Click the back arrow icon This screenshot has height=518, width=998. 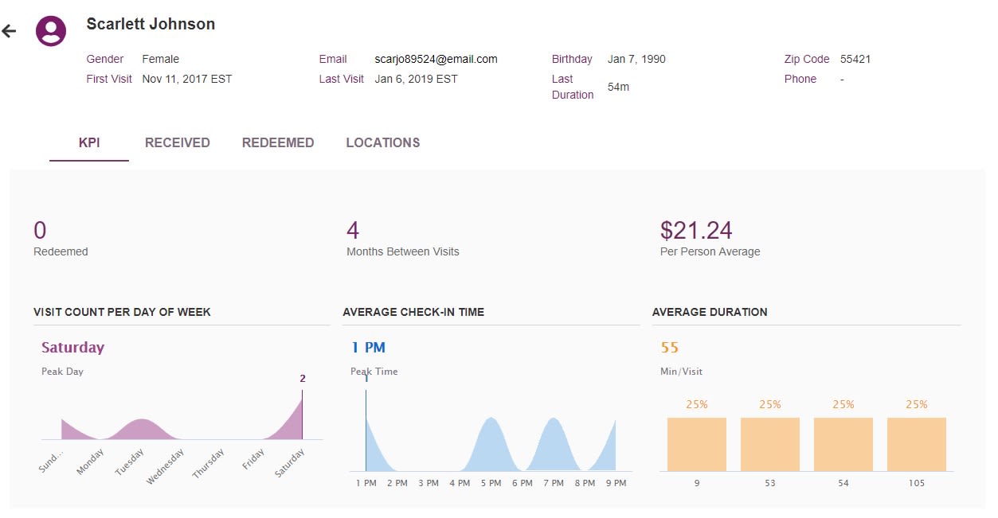[9, 31]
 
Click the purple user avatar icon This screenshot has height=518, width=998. [51, 31]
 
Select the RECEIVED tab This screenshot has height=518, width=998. [177, 143]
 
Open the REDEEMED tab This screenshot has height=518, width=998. [278, 143]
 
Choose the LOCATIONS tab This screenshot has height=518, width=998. [382, 143]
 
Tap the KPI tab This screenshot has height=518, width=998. [89, 143]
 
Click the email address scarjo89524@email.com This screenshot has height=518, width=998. [436, 59]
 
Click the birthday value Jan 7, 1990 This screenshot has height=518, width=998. [636, 59]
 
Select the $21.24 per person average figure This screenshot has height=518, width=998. [696, 231]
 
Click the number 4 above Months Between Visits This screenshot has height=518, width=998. [353, 231]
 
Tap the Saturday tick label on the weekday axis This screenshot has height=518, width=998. [290, 463]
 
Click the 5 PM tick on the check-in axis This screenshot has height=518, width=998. [491, 483]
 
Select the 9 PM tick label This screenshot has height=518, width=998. [615, 483]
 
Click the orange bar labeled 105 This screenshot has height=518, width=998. [916, 444]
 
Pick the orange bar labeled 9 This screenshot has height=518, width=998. [696, 444]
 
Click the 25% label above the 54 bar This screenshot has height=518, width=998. [843, 404]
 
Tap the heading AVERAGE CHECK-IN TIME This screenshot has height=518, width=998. [413, 312]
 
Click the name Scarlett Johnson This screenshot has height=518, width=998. [151, 24]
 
